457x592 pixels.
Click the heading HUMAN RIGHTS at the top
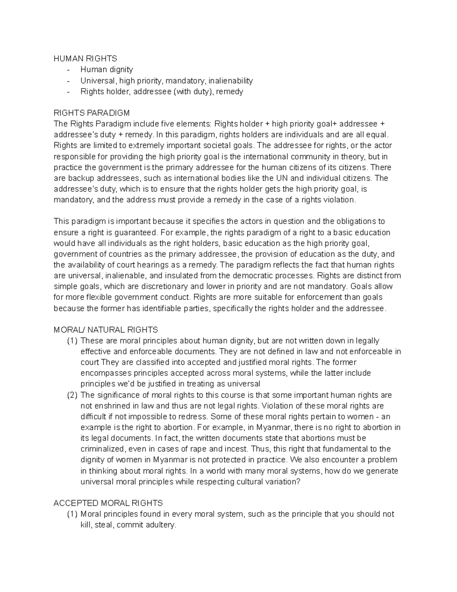pyautogui.click(x=85, y=58)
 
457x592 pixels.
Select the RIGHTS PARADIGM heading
pyautogui.click(x=92, y=113)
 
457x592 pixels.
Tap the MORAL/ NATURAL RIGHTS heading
pyautogui.click(x=106, y=330)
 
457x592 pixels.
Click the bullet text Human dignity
pyautogui.click(x=107, y=69)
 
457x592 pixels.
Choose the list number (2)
pyautogui.click(x=72, y=395)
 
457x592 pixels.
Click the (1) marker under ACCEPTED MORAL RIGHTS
pyautogui.click(x=72, y=514)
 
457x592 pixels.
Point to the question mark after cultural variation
pyautogui.click(x=298, y=481)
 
